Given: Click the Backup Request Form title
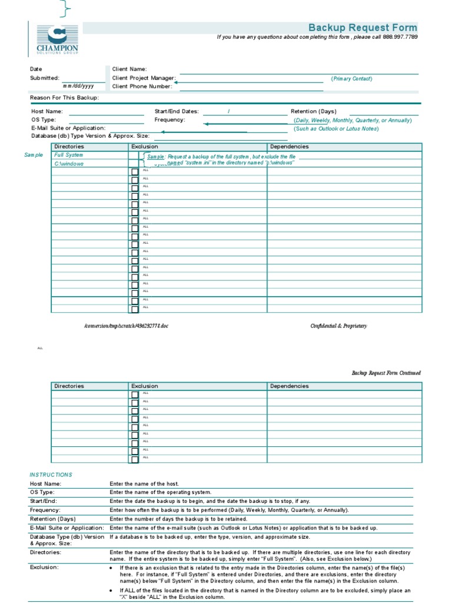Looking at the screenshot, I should [x=363, y=28].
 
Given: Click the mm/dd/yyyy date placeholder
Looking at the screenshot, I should [x=78, y=86].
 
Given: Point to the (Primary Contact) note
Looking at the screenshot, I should [x=351, y=78].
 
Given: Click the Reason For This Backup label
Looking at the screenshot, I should [x=65, y=97].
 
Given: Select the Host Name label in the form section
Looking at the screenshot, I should [x=46, y=111].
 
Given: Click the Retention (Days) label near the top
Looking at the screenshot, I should [x=313, y=111].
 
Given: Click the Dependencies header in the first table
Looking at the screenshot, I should [x=289, y=147].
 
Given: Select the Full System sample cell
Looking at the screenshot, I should [x=68, y=155].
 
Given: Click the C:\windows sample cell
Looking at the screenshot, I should [x=68, y=164].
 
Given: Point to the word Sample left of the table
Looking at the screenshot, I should [x=34, y=155].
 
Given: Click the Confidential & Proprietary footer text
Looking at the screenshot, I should [x=338, y=326].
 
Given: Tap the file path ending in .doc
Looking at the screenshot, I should [x=126, y=326].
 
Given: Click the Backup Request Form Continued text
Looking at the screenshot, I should [x=386, y=373].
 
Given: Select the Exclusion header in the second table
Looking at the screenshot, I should [x=144, y=386].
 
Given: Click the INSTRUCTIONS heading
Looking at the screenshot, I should [x=51, y=475].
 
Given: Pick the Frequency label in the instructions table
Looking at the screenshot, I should [x=45, y=510].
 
